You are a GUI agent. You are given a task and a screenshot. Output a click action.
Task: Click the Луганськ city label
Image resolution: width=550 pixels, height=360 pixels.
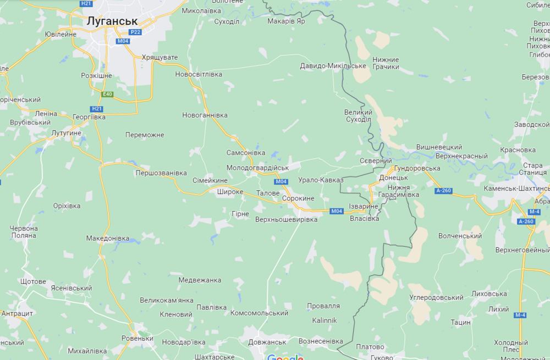112,20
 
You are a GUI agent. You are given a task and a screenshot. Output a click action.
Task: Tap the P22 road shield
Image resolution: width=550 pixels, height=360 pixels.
135,32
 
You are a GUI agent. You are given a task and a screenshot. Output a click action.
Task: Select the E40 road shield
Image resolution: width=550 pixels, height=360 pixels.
108,94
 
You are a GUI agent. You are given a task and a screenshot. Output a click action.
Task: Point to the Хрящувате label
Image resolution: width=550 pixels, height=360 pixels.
160,57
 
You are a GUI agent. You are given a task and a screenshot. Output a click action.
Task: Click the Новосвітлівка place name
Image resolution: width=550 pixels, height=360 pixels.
199,74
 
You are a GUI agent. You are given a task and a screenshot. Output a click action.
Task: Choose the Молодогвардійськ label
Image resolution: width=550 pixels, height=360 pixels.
257,168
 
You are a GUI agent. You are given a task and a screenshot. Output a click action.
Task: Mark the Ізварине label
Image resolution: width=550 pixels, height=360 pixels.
364,206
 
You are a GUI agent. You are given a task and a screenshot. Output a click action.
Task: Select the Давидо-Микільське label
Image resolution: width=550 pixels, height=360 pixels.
333,66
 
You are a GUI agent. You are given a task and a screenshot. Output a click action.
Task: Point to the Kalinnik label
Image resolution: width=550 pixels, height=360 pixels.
324,320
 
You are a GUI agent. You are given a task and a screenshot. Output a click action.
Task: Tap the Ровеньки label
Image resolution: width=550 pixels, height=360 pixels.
137,338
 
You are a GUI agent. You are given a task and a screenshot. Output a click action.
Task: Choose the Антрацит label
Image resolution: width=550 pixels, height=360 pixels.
17,313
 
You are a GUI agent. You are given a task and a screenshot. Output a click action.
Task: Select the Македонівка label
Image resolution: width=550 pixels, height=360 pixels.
108,238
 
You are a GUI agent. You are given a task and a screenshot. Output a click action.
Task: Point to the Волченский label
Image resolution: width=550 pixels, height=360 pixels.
460,236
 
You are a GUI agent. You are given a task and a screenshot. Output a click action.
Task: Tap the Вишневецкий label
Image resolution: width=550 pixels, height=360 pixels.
439,147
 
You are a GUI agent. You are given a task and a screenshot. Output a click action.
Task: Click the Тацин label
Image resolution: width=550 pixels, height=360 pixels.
460,322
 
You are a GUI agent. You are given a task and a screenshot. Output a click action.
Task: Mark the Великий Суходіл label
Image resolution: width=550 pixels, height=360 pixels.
358,115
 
